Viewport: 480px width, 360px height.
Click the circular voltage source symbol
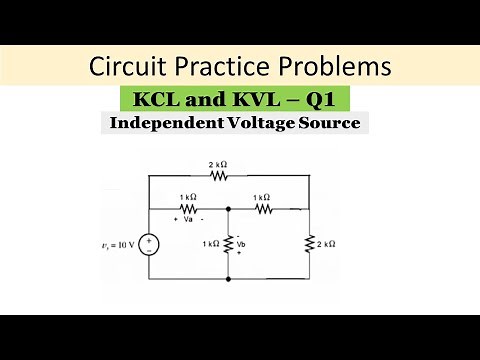point(148,244)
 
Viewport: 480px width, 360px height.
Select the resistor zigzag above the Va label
point(188,209)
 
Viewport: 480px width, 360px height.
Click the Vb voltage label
point(239,244)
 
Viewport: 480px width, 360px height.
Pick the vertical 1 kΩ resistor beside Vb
point(229,244)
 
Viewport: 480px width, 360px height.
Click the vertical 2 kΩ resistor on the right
point(306,244)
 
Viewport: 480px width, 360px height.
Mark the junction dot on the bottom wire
point(229,279)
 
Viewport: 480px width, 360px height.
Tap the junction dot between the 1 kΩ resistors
point(229,209)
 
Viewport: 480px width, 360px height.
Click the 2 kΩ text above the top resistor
point(217,163)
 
